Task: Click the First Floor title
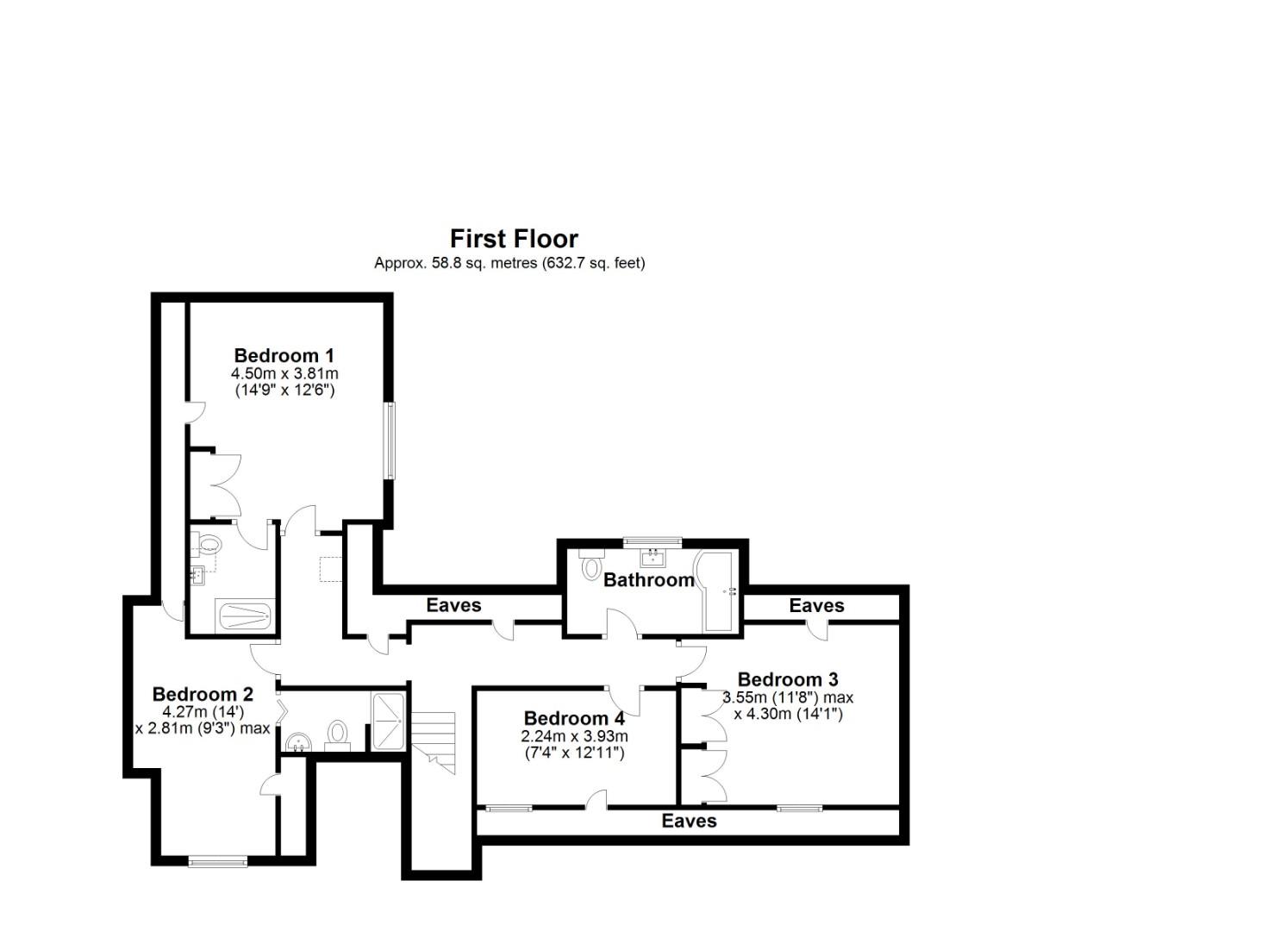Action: (514, 239)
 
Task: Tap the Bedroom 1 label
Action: (284, 355)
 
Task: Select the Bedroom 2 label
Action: (203, 694)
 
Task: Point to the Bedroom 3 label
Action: (787, 679)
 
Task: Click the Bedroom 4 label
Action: (574, 718)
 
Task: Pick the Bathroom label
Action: (648, 580)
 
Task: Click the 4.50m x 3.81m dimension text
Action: (284, 374)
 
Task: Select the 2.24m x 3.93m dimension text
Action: (574, 736)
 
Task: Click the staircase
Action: (433, 741)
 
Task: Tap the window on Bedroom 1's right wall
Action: (390, 440)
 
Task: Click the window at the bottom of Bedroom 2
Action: (217, 860)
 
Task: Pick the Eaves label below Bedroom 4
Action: (689, 821)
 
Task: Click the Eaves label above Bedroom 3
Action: (816, 606)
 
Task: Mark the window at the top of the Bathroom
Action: (652, 541)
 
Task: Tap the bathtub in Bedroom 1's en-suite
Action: (245, 615)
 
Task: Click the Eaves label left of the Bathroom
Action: (453, 605)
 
